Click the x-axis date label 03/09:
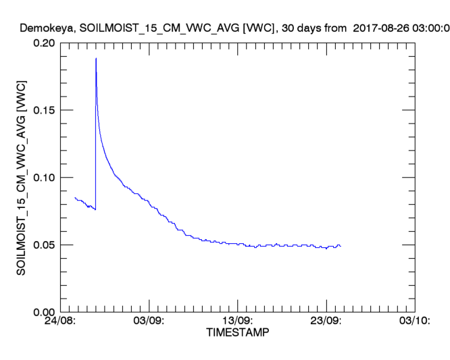149,322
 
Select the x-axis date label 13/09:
238,322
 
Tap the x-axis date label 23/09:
326,322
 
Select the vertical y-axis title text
21,176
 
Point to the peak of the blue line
96,58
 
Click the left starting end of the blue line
74,197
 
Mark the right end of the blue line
341,246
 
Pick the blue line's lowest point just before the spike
95,209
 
